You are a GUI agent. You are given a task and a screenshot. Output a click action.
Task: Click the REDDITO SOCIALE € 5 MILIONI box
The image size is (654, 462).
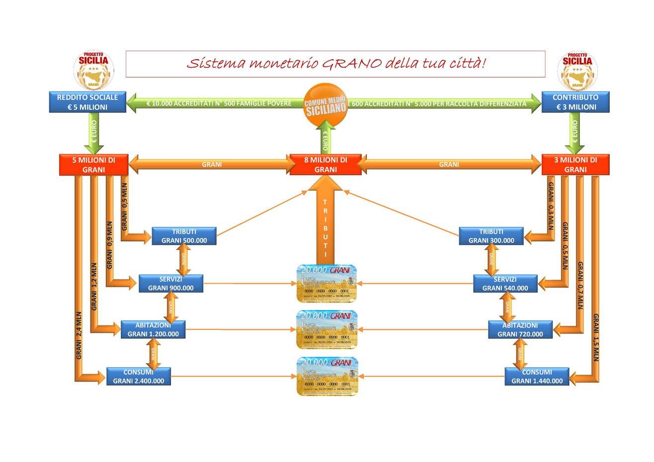coord(86,102)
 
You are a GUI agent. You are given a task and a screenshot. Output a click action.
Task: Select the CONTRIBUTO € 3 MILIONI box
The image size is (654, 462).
coord(575,102)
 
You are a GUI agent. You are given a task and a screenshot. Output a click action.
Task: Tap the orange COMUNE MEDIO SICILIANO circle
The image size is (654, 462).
coord(325,106)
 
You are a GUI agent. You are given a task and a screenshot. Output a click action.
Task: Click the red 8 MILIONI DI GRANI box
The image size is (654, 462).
coord(326,164)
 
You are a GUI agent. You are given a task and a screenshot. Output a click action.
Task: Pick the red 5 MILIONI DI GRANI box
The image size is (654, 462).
coord(94,164)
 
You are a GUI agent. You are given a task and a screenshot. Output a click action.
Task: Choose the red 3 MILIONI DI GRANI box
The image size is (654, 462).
coord(575,164)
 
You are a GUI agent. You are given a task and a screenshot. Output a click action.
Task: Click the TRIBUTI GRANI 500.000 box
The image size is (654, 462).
coord(184,236)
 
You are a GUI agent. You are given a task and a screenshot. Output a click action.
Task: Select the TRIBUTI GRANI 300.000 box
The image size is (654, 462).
coord(491,236)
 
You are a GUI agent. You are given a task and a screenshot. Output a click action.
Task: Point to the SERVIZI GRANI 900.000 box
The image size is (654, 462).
coord(170,283)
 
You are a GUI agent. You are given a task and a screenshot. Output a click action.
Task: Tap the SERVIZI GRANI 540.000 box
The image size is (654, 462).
coord(505,283)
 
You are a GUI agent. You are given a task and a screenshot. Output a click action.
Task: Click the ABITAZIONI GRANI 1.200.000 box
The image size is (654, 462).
coord(153,329)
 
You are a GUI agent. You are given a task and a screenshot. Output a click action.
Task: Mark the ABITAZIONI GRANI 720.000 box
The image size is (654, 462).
coord(520,329)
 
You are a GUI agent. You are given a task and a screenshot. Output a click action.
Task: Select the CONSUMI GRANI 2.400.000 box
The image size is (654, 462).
coord(139,376)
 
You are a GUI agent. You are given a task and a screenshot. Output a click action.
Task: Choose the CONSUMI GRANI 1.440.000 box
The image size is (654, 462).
coord(536,376)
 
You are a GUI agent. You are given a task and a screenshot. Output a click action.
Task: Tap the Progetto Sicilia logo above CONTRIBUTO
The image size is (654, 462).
coord(580,69)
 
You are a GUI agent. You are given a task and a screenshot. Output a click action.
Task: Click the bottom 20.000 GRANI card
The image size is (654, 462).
coord(327,376)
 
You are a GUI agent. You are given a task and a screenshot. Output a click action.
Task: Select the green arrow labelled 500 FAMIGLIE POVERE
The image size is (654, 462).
coord(219,104)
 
